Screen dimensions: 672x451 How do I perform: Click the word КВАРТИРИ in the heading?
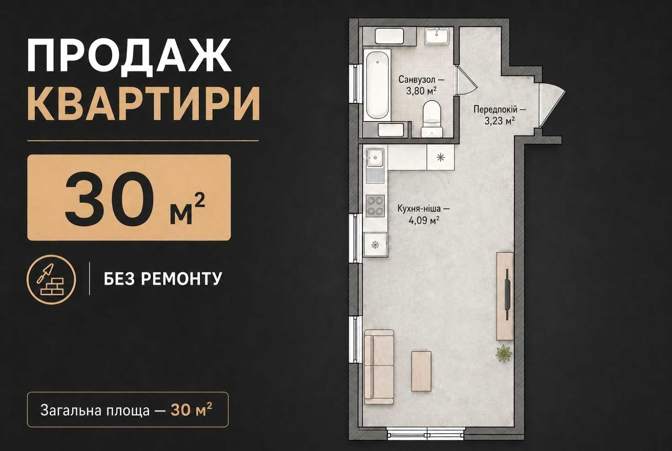pyautogui.click(x=144, y=104)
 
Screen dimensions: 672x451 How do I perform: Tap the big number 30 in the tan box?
pyautogui.click(x=110, y=198)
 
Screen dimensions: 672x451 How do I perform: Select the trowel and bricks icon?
pyautogui.click(x=51, y=280)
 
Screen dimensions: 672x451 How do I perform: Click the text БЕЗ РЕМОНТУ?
pyautogui.click(x=163, y=279)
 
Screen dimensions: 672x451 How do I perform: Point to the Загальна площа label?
pyautogui.click(x=95, y=410)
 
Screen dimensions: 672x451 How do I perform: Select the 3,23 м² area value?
pyautogui.click(x=500, y=121)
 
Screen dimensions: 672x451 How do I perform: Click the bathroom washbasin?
pyautogui.click(x=436, y=36)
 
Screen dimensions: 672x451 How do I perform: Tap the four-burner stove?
pyautogui.click(x=375, y=206)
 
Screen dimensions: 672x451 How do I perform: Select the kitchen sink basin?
pyautogui.click(x=375, y=157)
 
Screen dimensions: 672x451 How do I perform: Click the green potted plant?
pyautogui.click(x=504, y=353)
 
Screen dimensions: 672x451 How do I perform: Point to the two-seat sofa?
pyautogui.click(x=379, y=367)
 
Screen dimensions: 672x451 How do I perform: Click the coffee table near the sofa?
pyautogui.click(x=421, y=371)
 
